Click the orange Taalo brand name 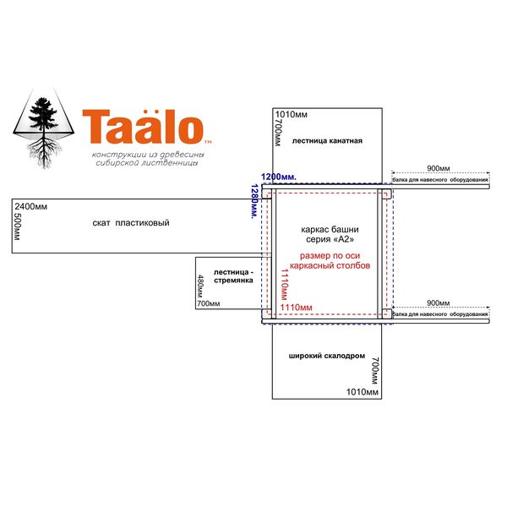point(144,127)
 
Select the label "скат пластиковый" point(131,223)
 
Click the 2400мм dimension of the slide point(31,206)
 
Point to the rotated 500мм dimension point(17,226)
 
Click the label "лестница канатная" point(327,140)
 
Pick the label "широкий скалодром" point(326,356)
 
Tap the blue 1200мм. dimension point(279,177)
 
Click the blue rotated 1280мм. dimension point(254,201)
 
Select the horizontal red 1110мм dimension point(297,308)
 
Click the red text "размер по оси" point(330,256)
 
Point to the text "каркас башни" point(330,230)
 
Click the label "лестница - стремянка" point(233,276)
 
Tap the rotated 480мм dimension point(200,286)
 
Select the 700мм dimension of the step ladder point(209,303)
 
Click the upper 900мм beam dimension point(438,168)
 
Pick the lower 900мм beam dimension point(438,303)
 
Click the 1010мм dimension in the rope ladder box point(291,114)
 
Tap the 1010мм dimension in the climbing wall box point(363,392)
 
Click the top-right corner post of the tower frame point(387,194)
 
